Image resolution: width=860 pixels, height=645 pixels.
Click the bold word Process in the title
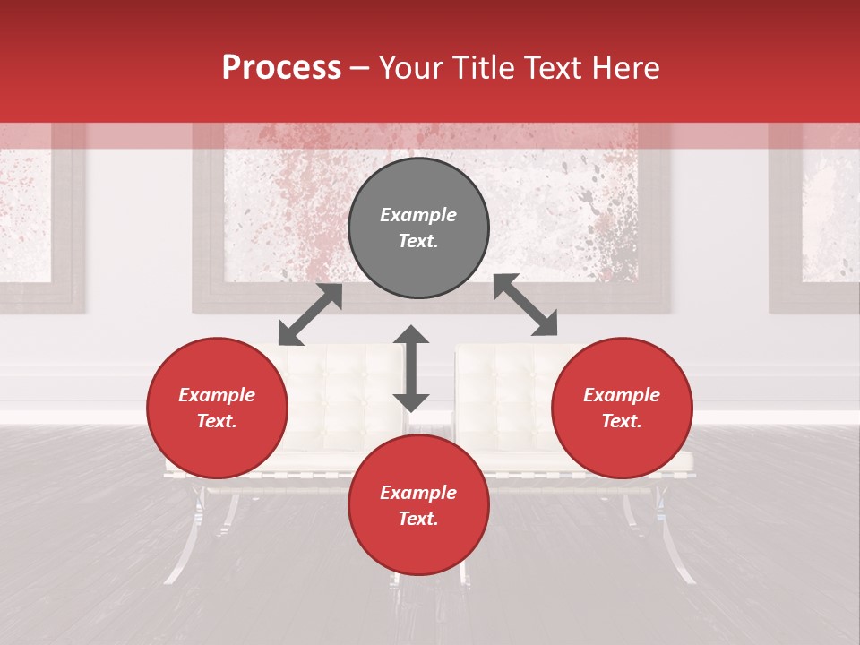pos(281,68)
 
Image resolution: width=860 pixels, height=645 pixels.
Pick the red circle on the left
pos(217,408)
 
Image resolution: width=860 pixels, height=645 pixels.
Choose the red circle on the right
pos(622,408)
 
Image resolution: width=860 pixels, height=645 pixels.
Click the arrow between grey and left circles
pos(310,314)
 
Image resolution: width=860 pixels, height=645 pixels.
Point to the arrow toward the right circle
pos(526,305)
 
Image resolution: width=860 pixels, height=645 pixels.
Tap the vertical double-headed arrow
pos(411,368)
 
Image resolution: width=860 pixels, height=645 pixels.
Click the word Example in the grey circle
pos(418,215)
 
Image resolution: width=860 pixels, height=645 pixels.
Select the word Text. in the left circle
pos(217,421)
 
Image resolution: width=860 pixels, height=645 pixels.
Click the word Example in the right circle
pos(622,395)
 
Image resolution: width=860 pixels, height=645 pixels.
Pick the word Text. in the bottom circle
pos(418,519)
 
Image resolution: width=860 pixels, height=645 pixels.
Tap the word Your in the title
pos(410,68)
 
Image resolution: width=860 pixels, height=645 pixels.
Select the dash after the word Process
pos(359,68)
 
